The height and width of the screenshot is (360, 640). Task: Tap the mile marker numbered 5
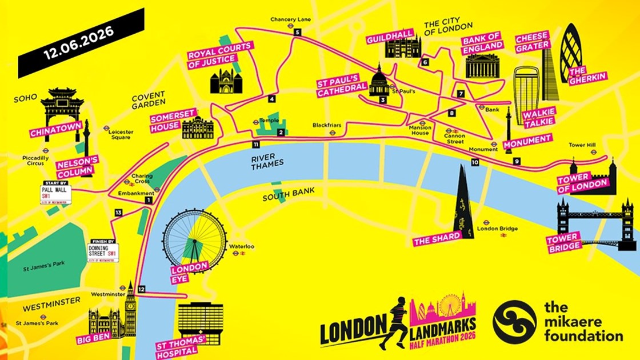coord(297,33)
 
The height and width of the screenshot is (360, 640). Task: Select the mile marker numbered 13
coord(118,213)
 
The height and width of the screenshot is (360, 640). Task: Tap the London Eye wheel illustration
coord(195,239)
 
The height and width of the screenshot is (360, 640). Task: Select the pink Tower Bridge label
coord(563,241)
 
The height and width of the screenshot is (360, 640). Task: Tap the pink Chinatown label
coord(53,131)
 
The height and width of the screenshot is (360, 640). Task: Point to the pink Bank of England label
coord(483,42)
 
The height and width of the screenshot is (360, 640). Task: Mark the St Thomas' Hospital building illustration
coord(200,321)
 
